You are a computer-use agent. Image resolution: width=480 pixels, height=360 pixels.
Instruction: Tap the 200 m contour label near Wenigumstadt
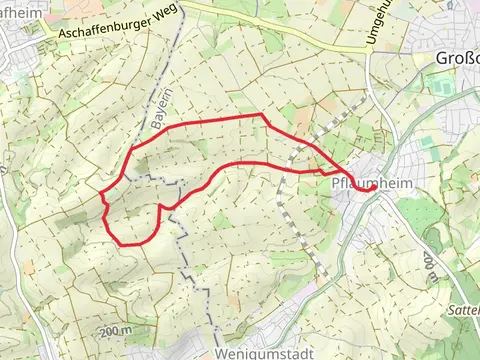(x=116, y=331)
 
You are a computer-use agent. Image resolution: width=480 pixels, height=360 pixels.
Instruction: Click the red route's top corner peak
(x=262, y=115)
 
